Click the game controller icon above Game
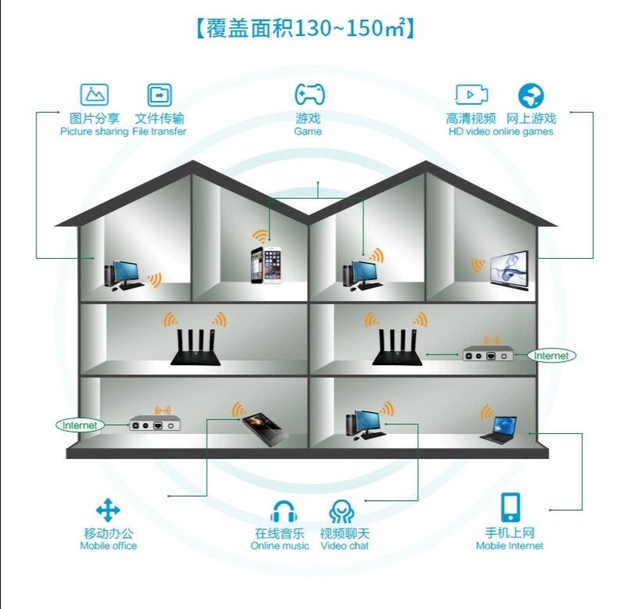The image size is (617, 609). coord(310,94)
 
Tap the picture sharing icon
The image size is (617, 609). coord(95,95)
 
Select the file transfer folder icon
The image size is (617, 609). coord(160,95)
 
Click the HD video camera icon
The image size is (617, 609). coord(472,95)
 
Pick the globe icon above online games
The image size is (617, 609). coord(531,95)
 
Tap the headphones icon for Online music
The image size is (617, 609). coord(283,511)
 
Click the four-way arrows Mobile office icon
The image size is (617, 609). coord(108,510)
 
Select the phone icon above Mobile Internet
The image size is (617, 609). coord(510,507)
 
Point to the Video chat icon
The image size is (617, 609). coord(341,511)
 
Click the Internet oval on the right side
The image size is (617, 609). coord(551,356)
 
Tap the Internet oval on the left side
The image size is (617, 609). coord(80,425)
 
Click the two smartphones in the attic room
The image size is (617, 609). coord(266,265)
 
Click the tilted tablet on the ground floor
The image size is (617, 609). coord(265,430)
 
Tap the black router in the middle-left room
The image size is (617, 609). coord(196,348)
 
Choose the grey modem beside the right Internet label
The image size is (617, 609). coord(488,353)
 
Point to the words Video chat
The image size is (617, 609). coord(345,546)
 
